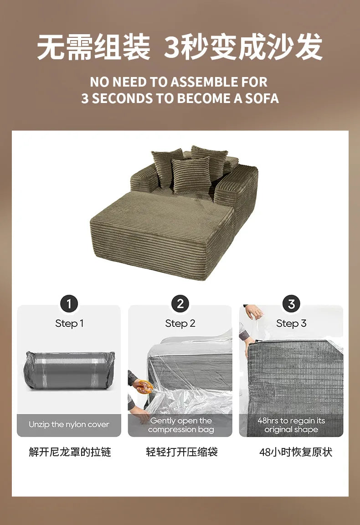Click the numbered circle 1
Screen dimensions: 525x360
[69, 304]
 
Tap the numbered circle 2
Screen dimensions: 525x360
[180, 304]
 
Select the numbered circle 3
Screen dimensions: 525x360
[291, 304]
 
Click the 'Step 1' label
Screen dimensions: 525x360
[69, 324]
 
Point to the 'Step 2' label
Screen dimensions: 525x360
[180, 324]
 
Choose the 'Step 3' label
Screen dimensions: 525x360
[291, 324]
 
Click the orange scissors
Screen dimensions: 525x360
[145, 386]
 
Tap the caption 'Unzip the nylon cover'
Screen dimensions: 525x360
[69, 425]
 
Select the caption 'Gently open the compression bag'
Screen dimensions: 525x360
[180, 425]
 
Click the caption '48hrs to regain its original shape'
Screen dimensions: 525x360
[291, 425]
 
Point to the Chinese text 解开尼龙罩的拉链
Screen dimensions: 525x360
[70, 452]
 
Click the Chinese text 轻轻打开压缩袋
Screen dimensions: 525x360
[182, 452]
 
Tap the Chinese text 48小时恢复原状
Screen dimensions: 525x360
[296, 452]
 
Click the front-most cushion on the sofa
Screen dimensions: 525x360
[191, 175]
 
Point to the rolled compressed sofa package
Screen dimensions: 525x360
[69, 371]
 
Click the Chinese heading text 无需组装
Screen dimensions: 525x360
[93, 47]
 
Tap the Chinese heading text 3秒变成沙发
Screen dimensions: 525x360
[243, 47]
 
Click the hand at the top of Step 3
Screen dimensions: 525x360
[254, 312]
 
